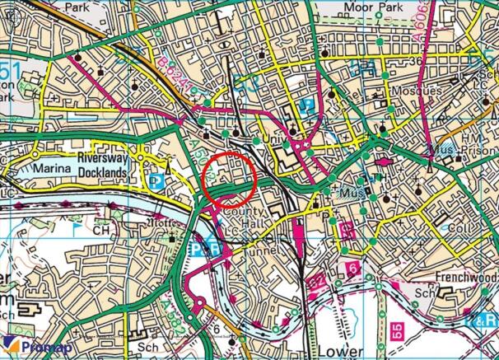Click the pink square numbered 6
coord(352,269)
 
